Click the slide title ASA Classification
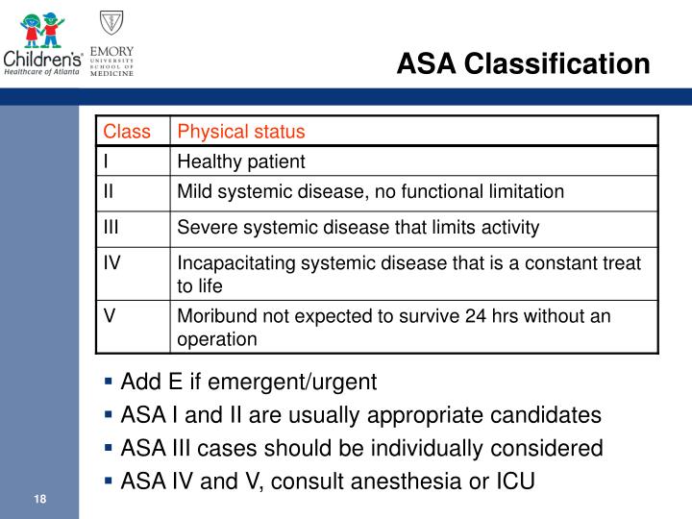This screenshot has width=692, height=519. coord(524,63)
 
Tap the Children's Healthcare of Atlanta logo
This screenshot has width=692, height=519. coord(42,42)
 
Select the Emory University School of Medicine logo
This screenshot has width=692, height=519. coord(111,42)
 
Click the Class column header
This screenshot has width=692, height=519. coord(127,132)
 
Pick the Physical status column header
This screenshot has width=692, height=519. coord(241,132)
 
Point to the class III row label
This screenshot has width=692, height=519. coord(112,227)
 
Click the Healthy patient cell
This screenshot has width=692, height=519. coord(240,161)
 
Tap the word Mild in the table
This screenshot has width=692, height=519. coord(194,191)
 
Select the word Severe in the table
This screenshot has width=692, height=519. coord(204,228)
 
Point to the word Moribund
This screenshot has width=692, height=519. coord(212,316)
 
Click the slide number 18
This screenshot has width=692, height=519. coord(40,499)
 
